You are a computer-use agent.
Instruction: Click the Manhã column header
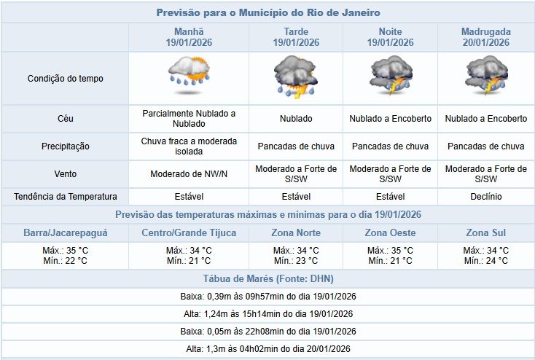(x=189, y=37)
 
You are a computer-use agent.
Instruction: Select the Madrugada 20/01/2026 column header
(x=486, y=37)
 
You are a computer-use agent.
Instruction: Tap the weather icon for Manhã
(x=189, y=78)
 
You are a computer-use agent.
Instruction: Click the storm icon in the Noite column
(x=391, y=78)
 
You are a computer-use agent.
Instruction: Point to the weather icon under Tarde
(x=296, y=78)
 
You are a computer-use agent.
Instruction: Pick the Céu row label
(x=65, y=118)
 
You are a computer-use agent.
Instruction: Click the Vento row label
(x=65, y=174)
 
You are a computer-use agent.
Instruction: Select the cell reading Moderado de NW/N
(x=189, y=174)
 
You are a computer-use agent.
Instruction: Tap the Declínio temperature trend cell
(x=486, y=197)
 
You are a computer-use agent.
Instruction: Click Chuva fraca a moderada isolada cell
(x=189, y=146)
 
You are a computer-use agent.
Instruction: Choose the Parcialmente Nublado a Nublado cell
(x=189, y=118)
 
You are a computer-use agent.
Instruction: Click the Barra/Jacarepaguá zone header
(x=65, y=233)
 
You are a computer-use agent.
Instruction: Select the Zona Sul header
(x=486, y=233)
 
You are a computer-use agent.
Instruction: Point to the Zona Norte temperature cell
(x=296, y=256)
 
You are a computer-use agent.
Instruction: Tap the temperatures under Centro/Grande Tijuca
(x=189, y=256)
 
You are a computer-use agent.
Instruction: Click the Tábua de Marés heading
(x=267, y=279)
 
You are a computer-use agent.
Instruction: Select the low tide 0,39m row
(x=267, y=297)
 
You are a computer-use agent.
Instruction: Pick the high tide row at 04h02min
(x=267, y=350)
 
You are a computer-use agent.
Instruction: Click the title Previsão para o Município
(x=267, y=13)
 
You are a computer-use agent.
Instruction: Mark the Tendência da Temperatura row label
(x=65, y=197)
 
